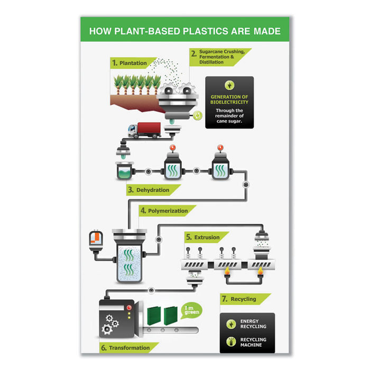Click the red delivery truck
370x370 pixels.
coord(144,130)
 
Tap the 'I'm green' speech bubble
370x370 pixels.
coord(191,310)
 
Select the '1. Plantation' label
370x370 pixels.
coord(129,63)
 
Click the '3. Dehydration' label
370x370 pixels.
coord(149,190)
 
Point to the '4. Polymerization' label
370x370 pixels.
coord(164,211)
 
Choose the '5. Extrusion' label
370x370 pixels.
coord(203,237)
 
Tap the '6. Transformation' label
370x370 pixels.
coord(126,348)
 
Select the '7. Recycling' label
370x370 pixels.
coord(239,299)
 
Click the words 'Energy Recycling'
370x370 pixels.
coord(253,323)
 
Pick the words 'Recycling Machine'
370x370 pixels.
coord(253,342)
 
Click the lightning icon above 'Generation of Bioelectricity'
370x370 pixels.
coord(229,85)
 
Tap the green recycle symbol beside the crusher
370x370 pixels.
coord(198,116)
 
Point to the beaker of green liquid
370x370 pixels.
coord(124,171)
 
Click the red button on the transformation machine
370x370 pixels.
coord(129,308)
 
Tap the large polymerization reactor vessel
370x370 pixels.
coord(129,256)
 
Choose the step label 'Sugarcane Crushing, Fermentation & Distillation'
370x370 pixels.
coord(222,57)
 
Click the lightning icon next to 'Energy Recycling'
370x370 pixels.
coord(231,324)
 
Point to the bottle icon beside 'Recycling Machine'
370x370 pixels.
coord(231,341)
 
